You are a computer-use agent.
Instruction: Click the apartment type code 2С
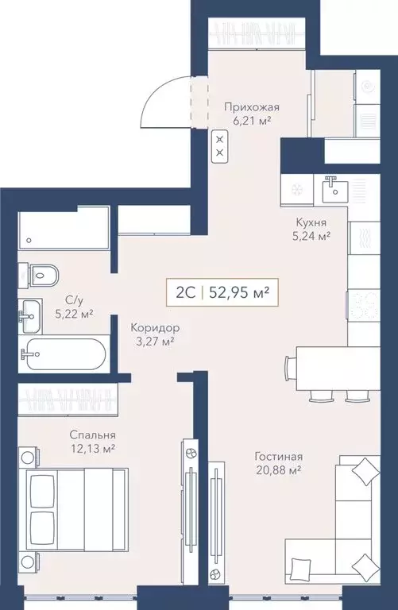click(185, 291)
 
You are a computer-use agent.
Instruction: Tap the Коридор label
click(153, 327)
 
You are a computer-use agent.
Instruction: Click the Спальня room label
click(91, 434)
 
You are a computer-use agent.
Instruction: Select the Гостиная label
click(278, 457)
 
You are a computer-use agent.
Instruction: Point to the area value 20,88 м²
click(278, 471)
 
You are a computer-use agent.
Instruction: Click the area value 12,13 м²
click(91, 450)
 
